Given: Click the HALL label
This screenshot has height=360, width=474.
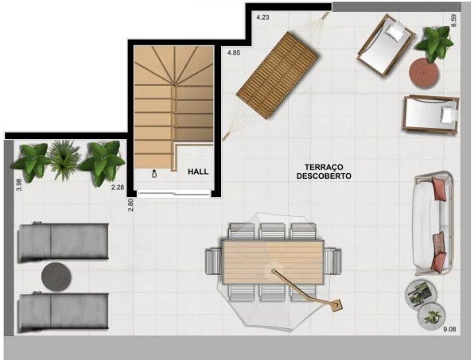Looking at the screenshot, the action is [198, 172].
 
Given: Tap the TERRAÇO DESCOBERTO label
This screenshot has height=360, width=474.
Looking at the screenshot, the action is [324, 172].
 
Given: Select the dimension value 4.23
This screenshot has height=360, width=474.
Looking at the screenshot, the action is [262, 17].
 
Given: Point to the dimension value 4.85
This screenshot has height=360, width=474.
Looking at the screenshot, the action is [234, 52].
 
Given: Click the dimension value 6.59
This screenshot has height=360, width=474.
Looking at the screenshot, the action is [453, 21].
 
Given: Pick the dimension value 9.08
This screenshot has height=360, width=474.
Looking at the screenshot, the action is [449, 330].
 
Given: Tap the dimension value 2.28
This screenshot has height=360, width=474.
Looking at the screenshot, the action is [118, 188].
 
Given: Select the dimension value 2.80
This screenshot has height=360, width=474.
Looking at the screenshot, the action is [131, 204].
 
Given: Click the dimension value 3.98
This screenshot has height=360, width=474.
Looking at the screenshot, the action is [19, 185].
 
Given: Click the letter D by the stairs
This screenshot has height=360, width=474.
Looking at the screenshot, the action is [154, 175].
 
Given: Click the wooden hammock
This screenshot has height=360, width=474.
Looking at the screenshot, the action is [276, 75].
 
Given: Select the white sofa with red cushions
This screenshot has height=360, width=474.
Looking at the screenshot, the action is [433, 223].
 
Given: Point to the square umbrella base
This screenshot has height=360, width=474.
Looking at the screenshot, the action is [336, 306].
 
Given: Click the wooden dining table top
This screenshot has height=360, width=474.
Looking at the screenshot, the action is [274, 262].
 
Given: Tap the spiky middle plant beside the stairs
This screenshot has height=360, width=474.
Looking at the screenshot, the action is [64, 159].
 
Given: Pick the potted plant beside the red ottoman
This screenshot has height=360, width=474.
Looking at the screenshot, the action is [433, 44].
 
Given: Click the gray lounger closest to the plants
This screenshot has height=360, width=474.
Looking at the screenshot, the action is [63, 242].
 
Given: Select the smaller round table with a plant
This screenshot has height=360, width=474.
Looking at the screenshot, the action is [431, 317].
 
